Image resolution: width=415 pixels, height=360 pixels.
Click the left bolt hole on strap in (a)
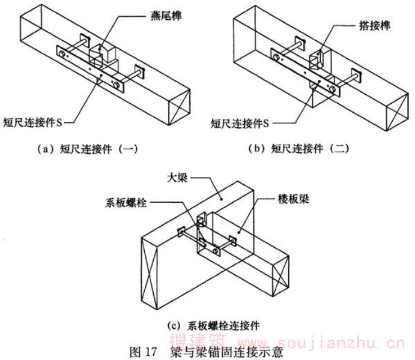click(62, 55)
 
